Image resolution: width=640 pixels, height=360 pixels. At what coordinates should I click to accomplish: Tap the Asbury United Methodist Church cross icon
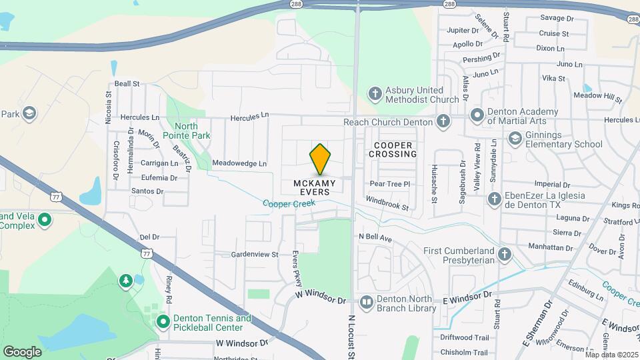tap(375, 94)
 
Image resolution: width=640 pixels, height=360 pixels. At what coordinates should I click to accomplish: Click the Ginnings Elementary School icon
tap(515, 139)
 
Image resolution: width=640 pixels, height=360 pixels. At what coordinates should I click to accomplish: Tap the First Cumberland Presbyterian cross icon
tap(505, 255)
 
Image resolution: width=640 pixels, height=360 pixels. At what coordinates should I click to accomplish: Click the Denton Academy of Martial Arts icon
tap(477, 115)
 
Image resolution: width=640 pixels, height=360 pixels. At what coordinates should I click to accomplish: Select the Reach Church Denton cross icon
tap(443, 121)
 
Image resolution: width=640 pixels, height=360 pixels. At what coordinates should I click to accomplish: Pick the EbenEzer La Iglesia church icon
tap(495, 199)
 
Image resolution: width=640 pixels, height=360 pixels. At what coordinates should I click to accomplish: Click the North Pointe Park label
tap(192, 131)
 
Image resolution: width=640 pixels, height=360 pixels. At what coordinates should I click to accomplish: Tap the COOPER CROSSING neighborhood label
tap(395, 149)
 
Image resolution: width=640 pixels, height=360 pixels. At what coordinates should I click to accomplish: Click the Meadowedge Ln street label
tap(239, 163)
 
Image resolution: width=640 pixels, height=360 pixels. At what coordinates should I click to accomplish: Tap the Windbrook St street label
tap(387, 203)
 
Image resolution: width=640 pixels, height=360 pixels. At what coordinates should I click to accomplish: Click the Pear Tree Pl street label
tap(389, 183)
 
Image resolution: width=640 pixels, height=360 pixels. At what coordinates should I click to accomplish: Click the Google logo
tap(22, 351)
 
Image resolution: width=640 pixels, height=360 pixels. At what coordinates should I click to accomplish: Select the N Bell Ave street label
tap(375, 237)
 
